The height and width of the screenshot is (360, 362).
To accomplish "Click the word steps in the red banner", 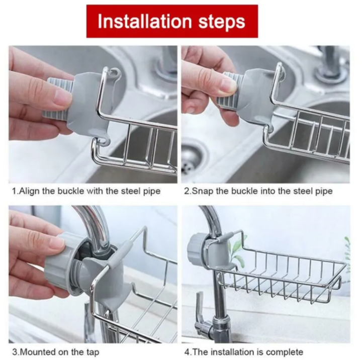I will [x=221, y=22].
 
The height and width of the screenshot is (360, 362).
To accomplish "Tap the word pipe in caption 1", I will [x=151, y=192].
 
